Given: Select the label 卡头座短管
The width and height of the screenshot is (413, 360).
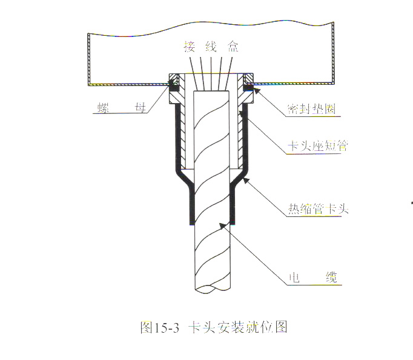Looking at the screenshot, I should pos(316,146).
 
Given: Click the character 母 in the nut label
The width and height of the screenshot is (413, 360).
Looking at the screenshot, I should pos(140,109).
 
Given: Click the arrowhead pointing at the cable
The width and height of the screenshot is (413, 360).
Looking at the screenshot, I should pos(223,225).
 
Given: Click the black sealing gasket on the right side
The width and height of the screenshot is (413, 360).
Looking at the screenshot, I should pos(248,89).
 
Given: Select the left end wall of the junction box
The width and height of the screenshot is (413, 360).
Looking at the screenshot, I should pos(89,58).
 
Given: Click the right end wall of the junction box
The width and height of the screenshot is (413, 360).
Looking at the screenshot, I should pos(334,55).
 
